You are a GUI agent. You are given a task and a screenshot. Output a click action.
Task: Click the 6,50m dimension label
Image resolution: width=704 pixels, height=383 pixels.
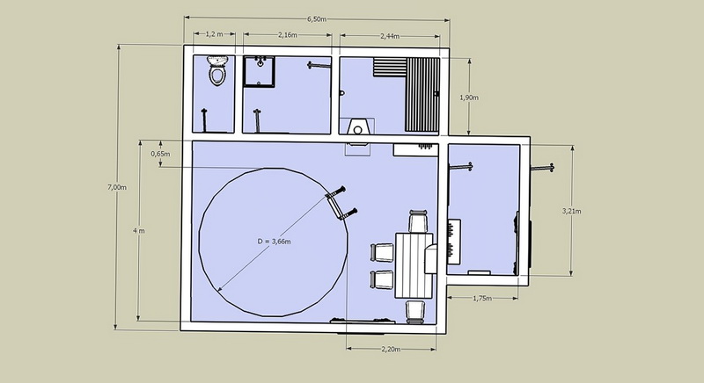(317, 18)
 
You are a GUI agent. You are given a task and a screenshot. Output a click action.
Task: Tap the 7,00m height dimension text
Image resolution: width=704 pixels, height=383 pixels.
(117, 187)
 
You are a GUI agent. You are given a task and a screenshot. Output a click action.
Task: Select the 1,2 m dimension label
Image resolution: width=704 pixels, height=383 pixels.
(214, 34)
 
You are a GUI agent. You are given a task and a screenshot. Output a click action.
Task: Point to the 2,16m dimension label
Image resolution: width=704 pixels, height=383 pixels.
(288, 34)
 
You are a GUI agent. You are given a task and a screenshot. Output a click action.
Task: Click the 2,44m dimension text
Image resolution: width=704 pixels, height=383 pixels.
(390, 36)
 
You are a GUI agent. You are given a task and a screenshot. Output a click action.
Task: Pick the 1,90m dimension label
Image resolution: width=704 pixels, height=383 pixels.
(469, 98)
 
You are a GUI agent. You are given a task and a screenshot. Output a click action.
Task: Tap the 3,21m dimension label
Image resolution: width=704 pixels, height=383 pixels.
(571, 211)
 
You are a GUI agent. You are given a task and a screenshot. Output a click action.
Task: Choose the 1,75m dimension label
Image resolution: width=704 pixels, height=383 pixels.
(482, 299)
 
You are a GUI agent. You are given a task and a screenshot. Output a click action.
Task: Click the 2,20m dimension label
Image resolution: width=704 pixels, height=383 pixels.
(391, 350)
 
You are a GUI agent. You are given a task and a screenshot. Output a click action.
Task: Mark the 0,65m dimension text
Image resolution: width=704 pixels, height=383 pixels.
(160, 154)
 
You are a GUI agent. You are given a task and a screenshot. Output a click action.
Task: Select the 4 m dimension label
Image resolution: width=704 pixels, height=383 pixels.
(139, 231)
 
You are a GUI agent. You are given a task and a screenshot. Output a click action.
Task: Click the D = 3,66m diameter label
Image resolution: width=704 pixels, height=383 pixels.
(274, 242)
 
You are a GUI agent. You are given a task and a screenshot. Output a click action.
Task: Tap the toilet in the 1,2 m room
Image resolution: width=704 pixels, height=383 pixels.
(217, 71)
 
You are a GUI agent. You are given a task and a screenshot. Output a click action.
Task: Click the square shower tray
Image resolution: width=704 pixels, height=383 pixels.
(260, 72)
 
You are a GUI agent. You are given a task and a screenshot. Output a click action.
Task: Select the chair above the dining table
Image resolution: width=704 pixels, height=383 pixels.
(417, 221)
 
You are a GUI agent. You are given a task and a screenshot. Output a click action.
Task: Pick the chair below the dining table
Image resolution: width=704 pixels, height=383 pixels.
(415, 312)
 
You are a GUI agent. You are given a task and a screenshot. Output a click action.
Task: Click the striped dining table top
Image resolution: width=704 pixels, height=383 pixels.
(414, 265)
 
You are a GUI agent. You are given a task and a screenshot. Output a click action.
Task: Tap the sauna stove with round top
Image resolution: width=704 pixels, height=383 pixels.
(357, 126)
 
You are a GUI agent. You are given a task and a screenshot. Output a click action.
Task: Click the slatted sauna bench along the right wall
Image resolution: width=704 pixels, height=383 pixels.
(423, 94)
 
